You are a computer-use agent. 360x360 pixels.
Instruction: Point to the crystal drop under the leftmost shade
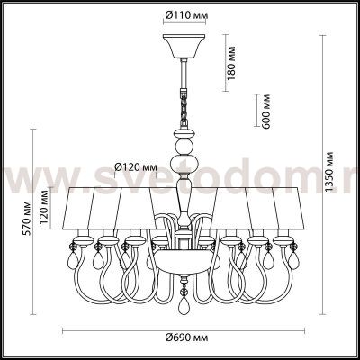[71, 263]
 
